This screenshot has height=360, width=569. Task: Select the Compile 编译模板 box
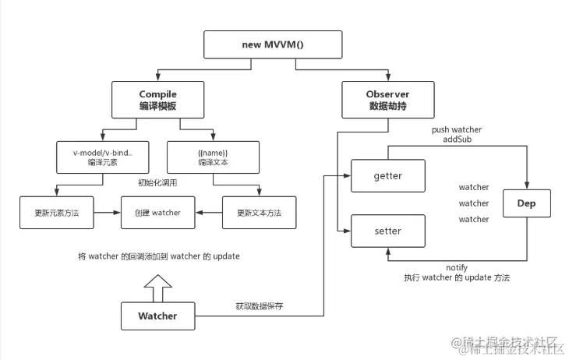pos(157,101)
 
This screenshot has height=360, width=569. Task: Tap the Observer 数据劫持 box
pos(387,101)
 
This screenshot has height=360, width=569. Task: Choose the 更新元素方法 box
pos(56,213)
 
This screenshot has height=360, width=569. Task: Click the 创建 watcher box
pos(157,213)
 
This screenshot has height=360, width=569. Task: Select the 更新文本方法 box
pos(260,213)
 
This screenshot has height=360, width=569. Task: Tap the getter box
pos(387,176)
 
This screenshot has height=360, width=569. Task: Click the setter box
pos(387,231)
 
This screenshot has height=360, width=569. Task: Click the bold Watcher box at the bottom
pos(157,316)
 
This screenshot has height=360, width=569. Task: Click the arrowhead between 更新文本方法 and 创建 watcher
pos(200,213)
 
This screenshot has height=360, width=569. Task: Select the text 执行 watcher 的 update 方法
pos(456,278)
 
